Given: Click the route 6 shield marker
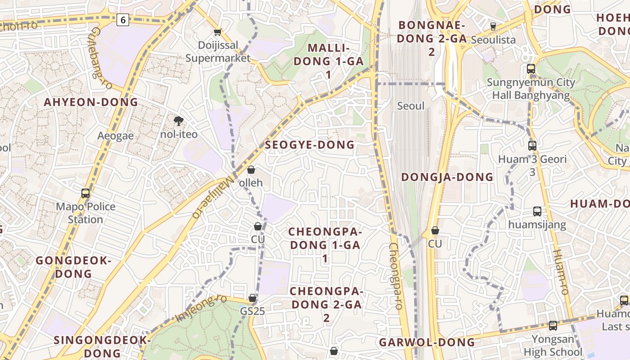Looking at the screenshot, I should (123, 19).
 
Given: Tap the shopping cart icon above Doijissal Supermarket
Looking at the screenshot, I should (218, 32).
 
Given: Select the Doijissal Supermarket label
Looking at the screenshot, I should (218, 52).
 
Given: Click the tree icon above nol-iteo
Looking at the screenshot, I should (179, 120).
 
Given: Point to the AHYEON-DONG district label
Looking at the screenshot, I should (91, 102).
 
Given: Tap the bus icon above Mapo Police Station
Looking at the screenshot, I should (85, 193).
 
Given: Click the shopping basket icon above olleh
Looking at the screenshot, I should (251, 170).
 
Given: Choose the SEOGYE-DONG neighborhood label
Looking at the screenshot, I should (310, 145).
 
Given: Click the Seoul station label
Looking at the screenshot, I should (411, 106).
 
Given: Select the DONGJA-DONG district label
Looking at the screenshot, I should (447, 177).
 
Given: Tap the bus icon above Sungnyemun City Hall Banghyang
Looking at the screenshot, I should (531, 69).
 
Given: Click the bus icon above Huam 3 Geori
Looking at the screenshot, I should (532, 145).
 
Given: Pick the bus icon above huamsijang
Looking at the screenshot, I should (537, 211).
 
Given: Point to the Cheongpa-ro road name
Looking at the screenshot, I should (396, 276).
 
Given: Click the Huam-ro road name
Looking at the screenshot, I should (560, 272).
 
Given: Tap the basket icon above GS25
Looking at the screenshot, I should (252, 298).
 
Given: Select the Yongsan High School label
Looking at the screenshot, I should (553, 346).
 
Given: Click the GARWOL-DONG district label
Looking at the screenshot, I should (427, 342).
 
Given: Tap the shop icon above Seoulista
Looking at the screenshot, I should (493, 26).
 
